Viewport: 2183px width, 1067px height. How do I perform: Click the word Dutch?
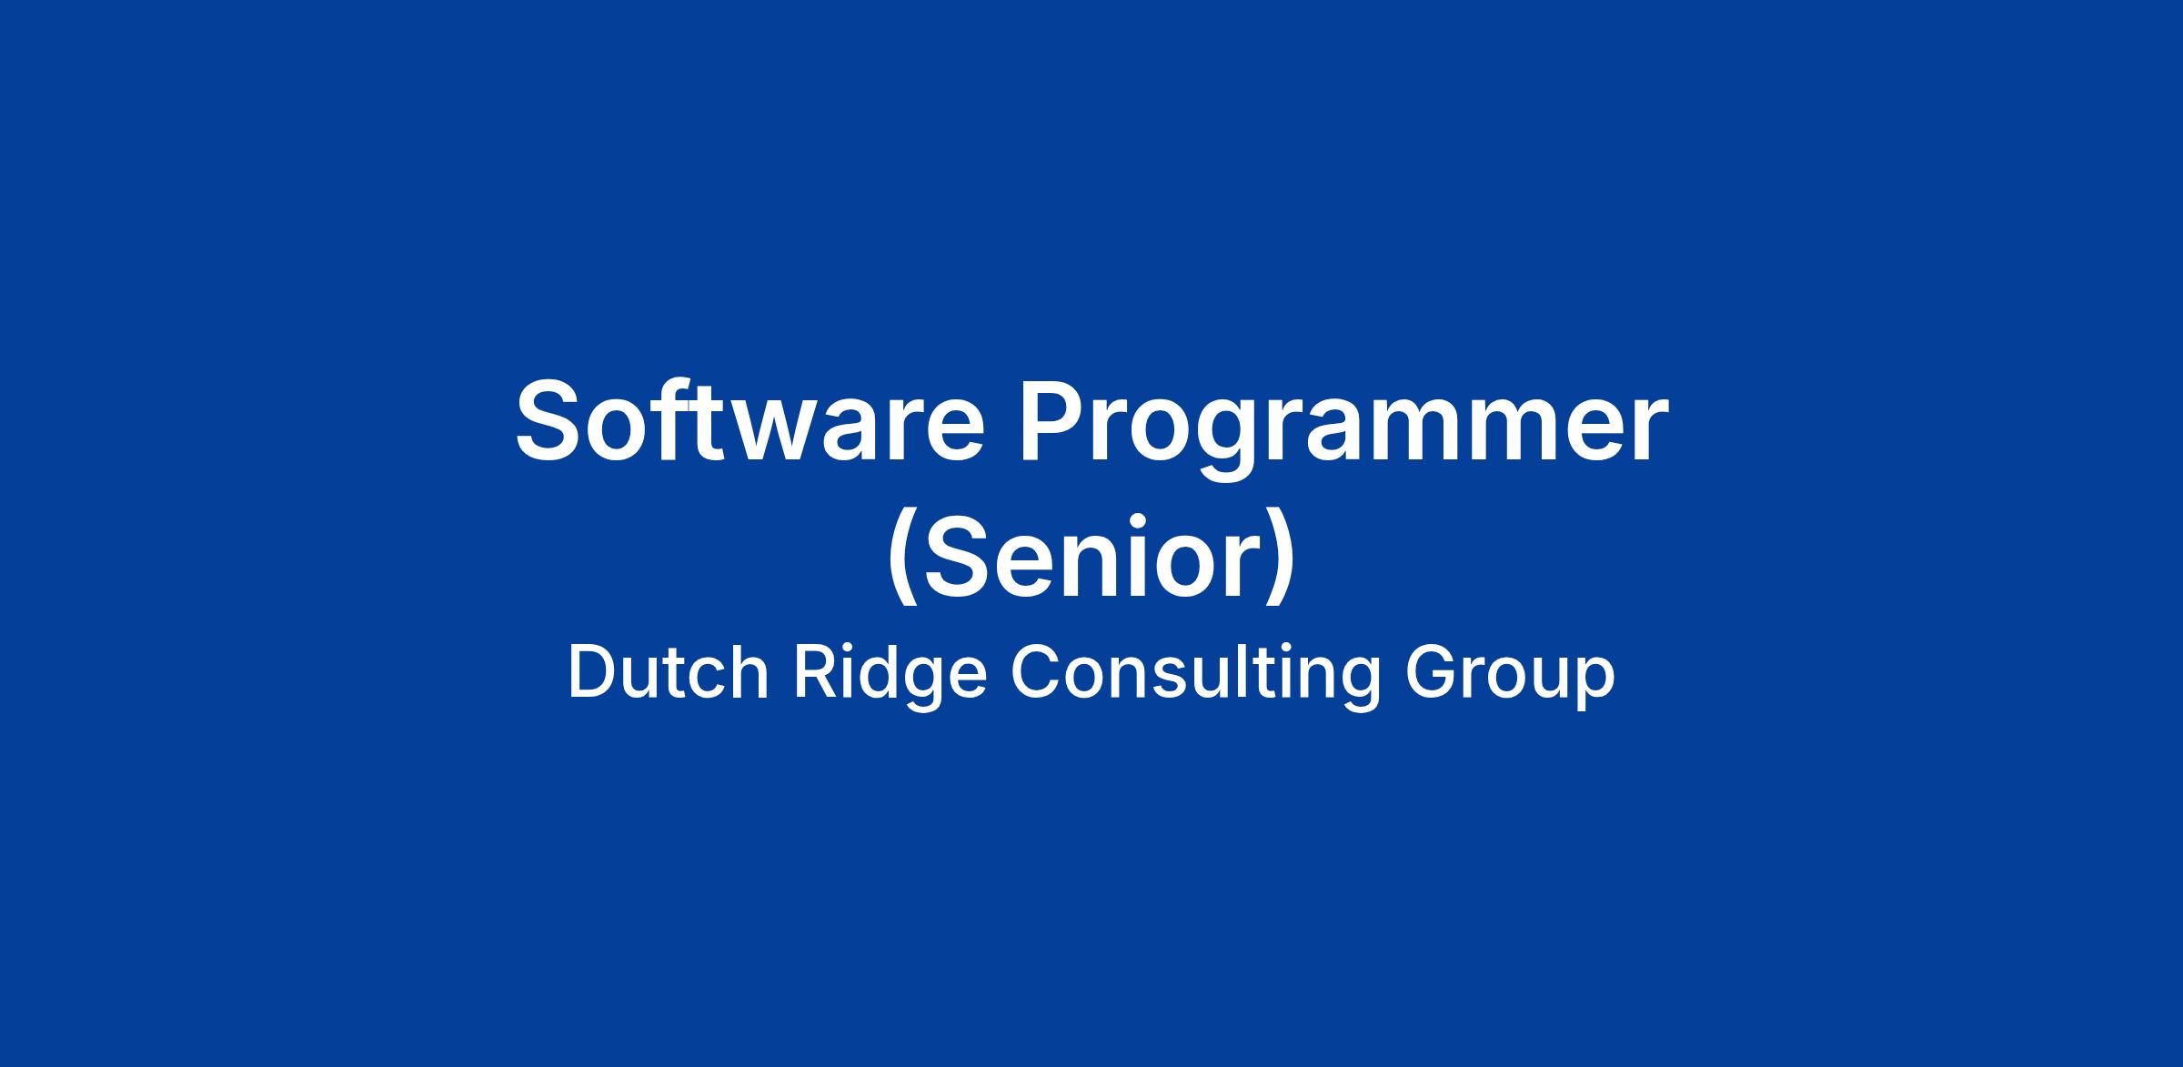tap(669, 673)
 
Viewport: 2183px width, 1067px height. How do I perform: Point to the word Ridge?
tap(890, 678)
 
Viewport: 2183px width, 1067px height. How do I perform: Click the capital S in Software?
tap(549, 421)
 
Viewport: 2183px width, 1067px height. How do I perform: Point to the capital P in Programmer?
tap(1051, 421)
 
